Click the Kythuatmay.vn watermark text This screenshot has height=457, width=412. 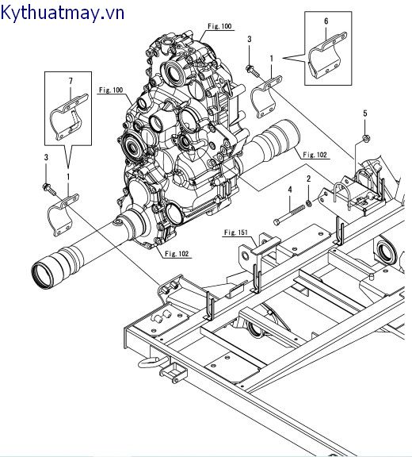(x=63, y=13)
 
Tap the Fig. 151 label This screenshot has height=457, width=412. (x=235, y=232)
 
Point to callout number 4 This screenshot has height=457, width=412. (x=290, y=189)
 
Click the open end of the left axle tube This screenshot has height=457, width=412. (x=44, y=275)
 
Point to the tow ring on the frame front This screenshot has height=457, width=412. (x=150, y=362)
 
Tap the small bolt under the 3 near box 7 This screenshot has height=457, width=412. (x=48, y=188)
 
